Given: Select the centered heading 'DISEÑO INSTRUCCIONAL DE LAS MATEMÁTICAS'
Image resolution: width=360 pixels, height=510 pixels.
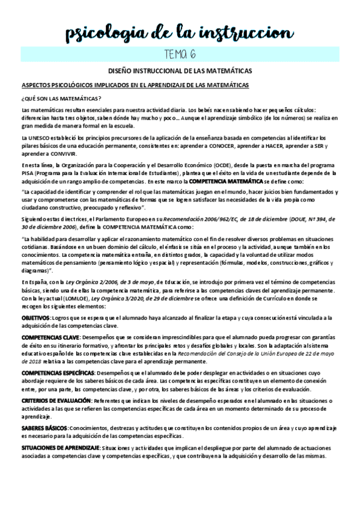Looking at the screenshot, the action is (180, 71).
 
